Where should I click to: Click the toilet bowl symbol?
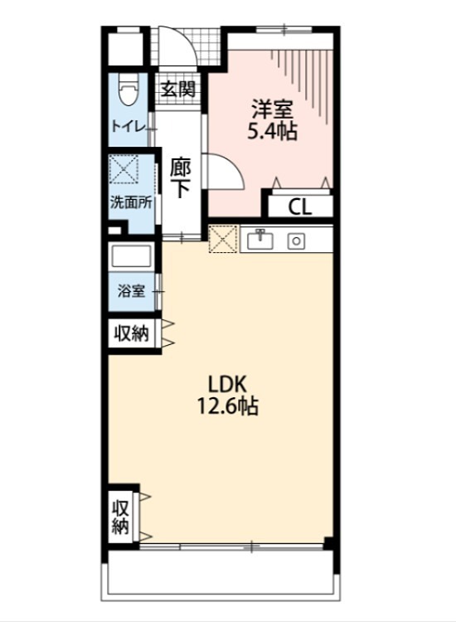(x=127, y=91)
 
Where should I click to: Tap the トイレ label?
(x=129, y=127)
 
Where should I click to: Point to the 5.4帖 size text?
(x=272, y=131)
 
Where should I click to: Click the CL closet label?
(x=300, y=207)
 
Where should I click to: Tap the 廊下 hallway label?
(x=181, y=177)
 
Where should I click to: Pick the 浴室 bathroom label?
(x=131, y=291)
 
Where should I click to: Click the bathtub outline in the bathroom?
(x=131, y=258)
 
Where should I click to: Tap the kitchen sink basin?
(x=260, y=241)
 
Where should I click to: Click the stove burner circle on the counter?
(x=296, y=241)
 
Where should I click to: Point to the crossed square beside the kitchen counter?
(x=222, y=241)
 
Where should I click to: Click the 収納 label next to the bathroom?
(x=131, y=334)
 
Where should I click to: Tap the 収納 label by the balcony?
(x=121, y=516)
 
